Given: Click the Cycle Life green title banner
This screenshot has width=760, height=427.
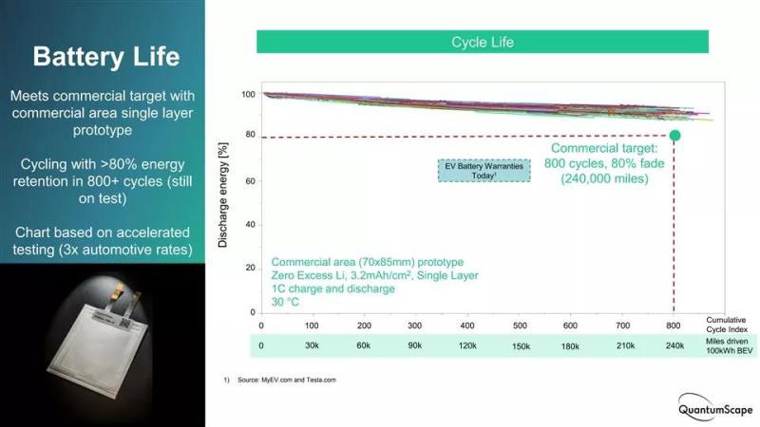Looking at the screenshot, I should pyautogui.click(x=483, y=42).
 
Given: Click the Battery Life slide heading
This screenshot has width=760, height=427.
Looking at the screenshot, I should pyautogui.click(x=105, y=57).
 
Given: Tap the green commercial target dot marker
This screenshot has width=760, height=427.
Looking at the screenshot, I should pyautogui.click(x=674, y=136).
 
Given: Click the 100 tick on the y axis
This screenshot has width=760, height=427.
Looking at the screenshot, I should pyautogui.click(x=249, y=95).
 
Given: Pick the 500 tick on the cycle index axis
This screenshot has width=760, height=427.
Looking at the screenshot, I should pyautogui.click(x=519, y=325).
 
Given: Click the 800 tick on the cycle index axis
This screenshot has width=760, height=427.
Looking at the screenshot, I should pyautogui.click(x=674, y=325).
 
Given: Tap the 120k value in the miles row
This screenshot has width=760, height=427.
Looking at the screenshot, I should pyautogui.click(x=468, y=345).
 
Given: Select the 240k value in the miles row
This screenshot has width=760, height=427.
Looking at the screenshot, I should pyautogui.click(x=674, y=345).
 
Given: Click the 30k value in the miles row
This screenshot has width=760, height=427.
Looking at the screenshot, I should pyautogui.click(x=313, y=345).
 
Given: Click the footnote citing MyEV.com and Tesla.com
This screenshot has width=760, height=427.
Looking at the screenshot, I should pyautogui.click(x=282, y=380).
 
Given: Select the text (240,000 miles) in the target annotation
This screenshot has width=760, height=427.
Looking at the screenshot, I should pyautogui.click(x=604, y=177).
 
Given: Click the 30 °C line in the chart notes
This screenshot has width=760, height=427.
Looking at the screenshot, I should pyautogui.click(x=284, y=303).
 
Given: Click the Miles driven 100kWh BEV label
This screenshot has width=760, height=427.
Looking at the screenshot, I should pyautogui.click(x=729, y=346).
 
